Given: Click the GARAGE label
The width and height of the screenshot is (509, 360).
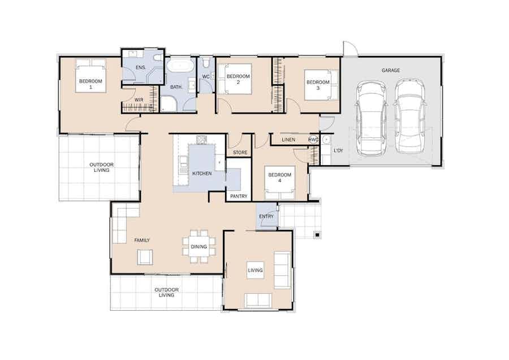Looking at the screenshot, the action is click(390, 71).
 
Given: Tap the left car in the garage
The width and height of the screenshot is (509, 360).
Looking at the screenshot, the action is click(372, 117).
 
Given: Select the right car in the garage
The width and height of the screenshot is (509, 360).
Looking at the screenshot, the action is click(410, 116).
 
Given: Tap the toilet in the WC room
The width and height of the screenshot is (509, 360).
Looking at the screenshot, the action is click(205, 63).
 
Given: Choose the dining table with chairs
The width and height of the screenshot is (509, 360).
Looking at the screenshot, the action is click(199, 247).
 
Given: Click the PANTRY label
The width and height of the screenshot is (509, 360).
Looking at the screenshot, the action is click(239, 196).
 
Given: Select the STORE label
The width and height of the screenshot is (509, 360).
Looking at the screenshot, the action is click(240, 153).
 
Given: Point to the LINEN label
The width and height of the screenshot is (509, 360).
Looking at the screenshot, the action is click(288, 140).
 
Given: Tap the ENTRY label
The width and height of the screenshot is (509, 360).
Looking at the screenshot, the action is click(266, 216).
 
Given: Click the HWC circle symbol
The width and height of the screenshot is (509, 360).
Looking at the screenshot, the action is click(313, 140).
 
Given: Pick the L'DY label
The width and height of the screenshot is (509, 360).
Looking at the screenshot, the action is click(338, 151).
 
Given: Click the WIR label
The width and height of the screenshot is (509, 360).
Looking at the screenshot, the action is click(139, 100).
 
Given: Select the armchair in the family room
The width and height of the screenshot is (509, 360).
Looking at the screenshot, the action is click(144, 257).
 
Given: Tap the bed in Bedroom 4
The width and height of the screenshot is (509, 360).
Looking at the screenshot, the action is click(280, 183).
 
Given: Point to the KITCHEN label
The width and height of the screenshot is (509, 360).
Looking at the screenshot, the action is click(202, 174).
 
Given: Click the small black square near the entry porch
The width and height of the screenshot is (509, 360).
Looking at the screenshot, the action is click(317, 235).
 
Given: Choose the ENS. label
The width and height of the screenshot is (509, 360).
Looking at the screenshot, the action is click(141, 67).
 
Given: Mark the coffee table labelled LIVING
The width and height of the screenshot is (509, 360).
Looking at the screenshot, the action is click(256, 270).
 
